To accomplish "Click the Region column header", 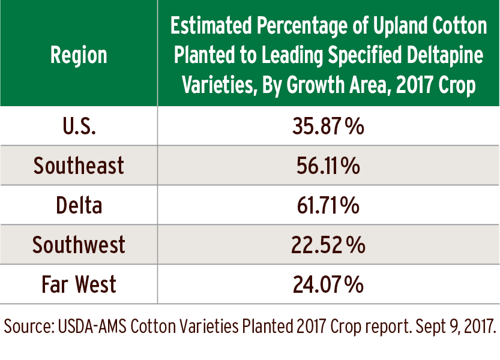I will click(x=79, y=55).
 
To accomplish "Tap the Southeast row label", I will click(x=79, y=166).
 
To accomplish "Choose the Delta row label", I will click(x=79, y=205).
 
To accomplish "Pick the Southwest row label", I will click(x=79, y=245).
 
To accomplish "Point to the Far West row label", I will click(x=79, y=284).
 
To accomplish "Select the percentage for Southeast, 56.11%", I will click(x=328, y=166).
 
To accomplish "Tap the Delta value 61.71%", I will click(x=328, y=205).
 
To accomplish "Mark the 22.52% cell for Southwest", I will click(x=328, y=245).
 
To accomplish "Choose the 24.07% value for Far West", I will click(x=328, y=284).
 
